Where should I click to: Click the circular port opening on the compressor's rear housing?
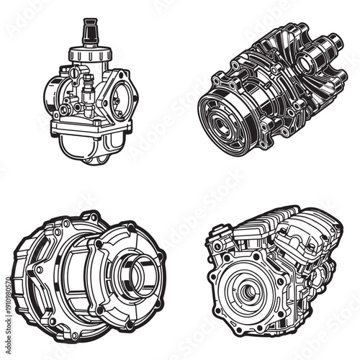pos(306,65)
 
